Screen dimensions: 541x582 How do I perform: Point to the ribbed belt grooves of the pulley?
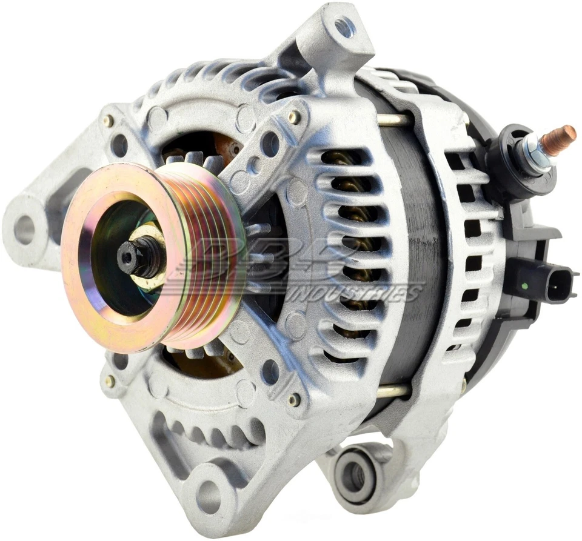[x=212, y=254]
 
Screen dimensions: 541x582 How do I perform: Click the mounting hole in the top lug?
[x=344, y=27]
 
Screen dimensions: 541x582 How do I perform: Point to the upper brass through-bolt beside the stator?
[x=392, y=119]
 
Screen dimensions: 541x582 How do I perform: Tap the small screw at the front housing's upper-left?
[x=108, y=121]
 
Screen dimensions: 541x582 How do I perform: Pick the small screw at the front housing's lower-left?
[x=110, y=381]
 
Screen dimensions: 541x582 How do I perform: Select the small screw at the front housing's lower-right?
[x=293, y=399]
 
